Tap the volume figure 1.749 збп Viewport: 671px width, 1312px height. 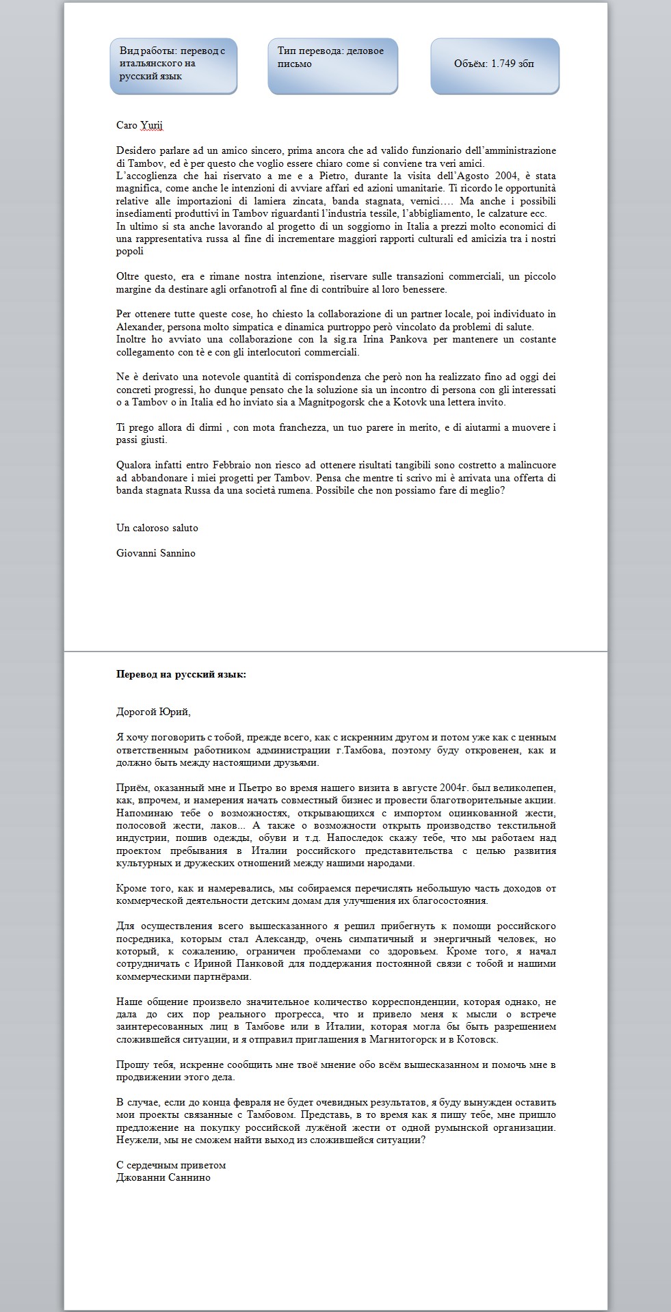(495, 64)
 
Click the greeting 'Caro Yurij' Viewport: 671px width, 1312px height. (140, 125)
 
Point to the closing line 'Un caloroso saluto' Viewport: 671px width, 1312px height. (157, 528)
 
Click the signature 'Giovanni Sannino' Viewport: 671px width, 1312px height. (156, 553)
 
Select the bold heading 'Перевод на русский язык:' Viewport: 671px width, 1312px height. (181, 674)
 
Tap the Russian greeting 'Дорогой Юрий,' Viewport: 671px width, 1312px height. (153, 712)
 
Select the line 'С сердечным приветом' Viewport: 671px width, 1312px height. (171, 1165)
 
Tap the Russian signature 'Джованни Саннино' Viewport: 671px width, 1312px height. (163, 1177)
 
